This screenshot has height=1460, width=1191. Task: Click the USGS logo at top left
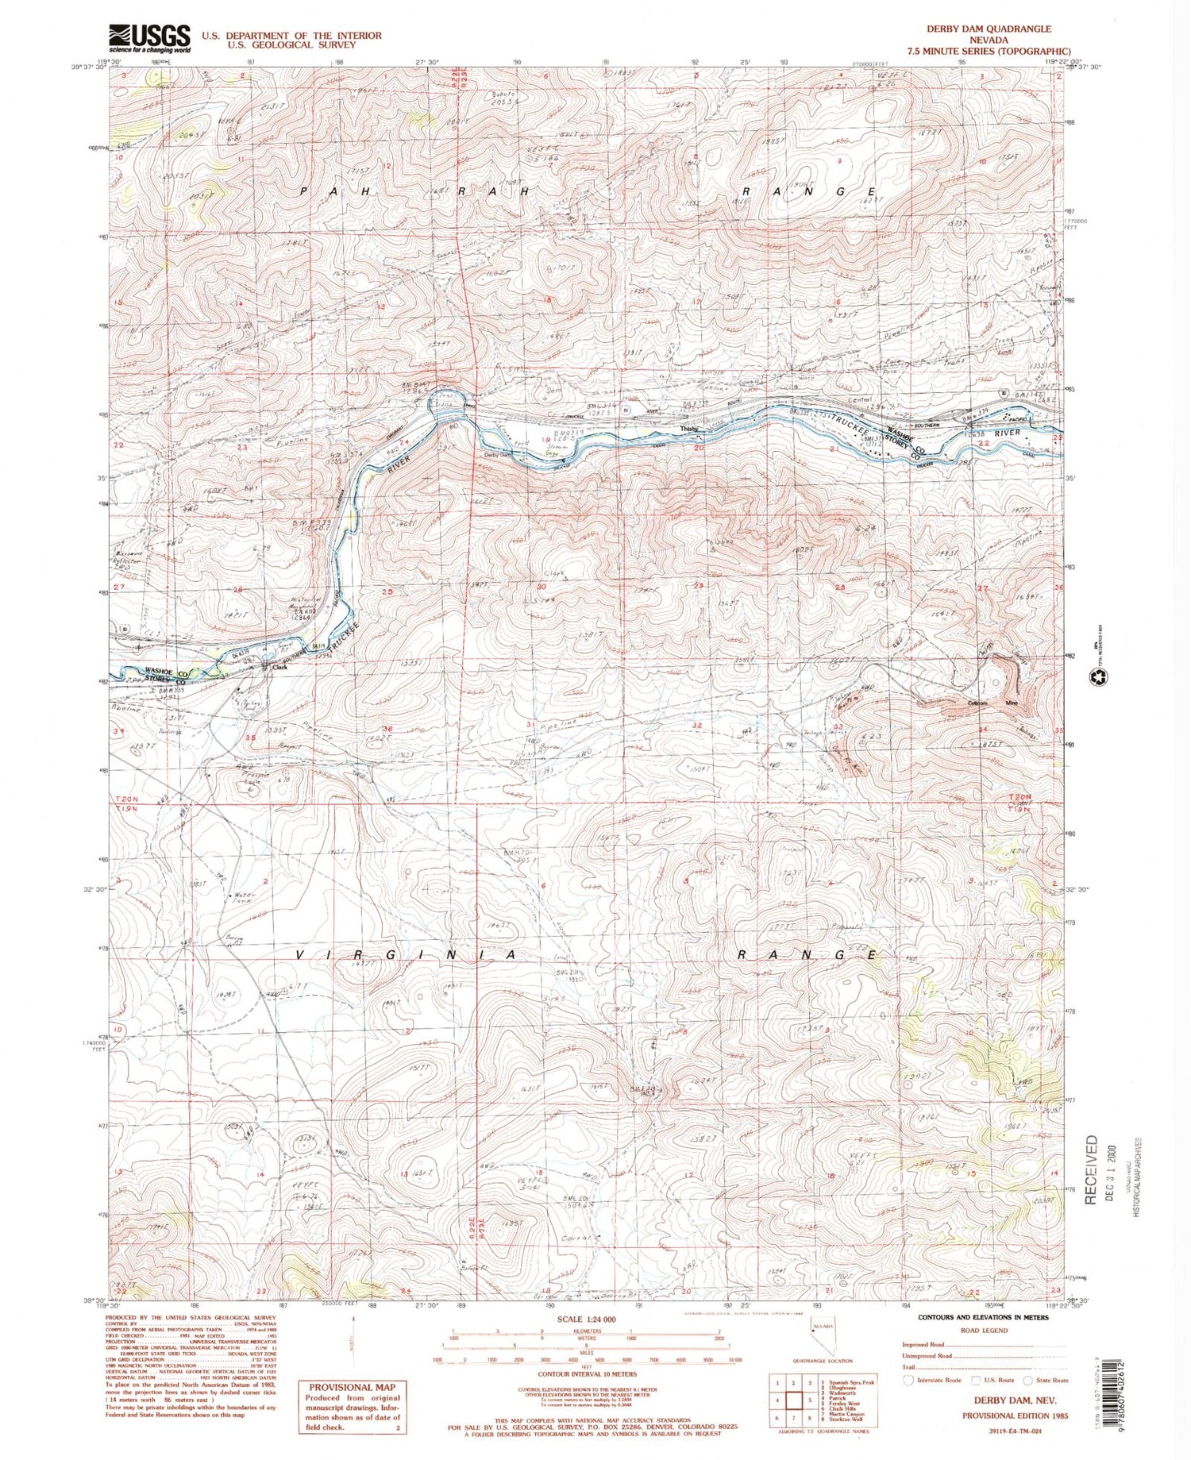pyautogui.click(x=149, y=37)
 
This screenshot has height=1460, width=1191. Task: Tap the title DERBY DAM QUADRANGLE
pyautogui.click(x=989, y=29)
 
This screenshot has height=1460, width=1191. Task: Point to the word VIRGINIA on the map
pyautogui.click(x=407, y=955)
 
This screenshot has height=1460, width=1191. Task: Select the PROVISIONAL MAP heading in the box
pyautogui.click(x=352, y=1387)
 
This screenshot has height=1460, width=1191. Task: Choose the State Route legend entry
pyautogui.click(x=1047, y=1380)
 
